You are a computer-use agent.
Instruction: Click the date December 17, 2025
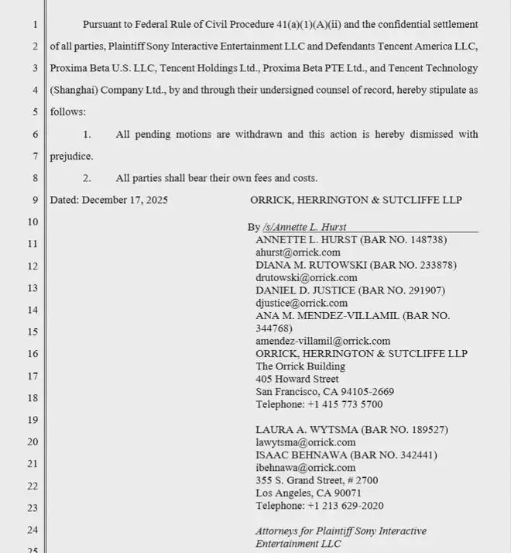(x=125, y=200)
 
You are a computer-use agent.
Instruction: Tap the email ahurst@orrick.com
(x=298, y=252)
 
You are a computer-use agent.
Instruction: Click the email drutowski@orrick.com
(x=306, y=277)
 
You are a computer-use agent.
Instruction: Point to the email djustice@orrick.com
(x=301, y=303)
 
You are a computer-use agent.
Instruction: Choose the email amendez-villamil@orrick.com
(x=323, y=341)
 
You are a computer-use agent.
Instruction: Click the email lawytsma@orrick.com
(x=305, y=442)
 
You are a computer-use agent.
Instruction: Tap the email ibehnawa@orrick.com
(x=305, y=468)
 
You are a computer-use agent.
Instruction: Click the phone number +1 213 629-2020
(x=345, y=506)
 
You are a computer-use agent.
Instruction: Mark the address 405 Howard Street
(x=297, y=379)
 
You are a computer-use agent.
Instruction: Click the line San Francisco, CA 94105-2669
(x=324, y=392)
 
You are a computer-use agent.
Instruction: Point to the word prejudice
(x=71, y=156)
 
